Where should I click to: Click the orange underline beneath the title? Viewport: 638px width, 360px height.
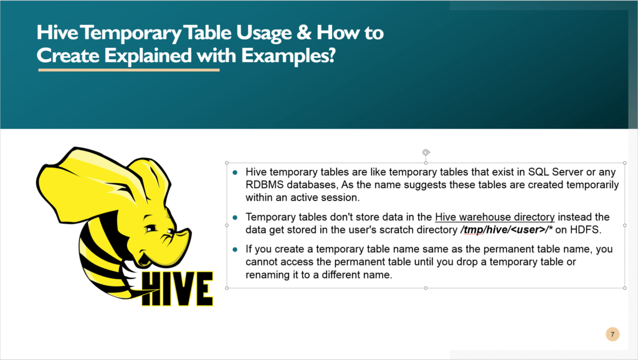click(x=129, y=70)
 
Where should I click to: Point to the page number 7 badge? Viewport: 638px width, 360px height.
click(x=612, y=334)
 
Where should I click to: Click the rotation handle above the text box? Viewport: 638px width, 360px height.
click(x=426, y=152)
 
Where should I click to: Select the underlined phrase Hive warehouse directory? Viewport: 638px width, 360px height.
click(x=495, y=217)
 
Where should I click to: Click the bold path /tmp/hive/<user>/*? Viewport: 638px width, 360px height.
click(x=505, y=230)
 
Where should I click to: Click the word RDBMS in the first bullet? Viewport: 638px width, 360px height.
click(x=265, y=185)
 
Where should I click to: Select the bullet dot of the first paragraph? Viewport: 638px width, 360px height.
click(x=235, y=173)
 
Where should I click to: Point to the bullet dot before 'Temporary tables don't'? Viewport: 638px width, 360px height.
click(x=235, y=217)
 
